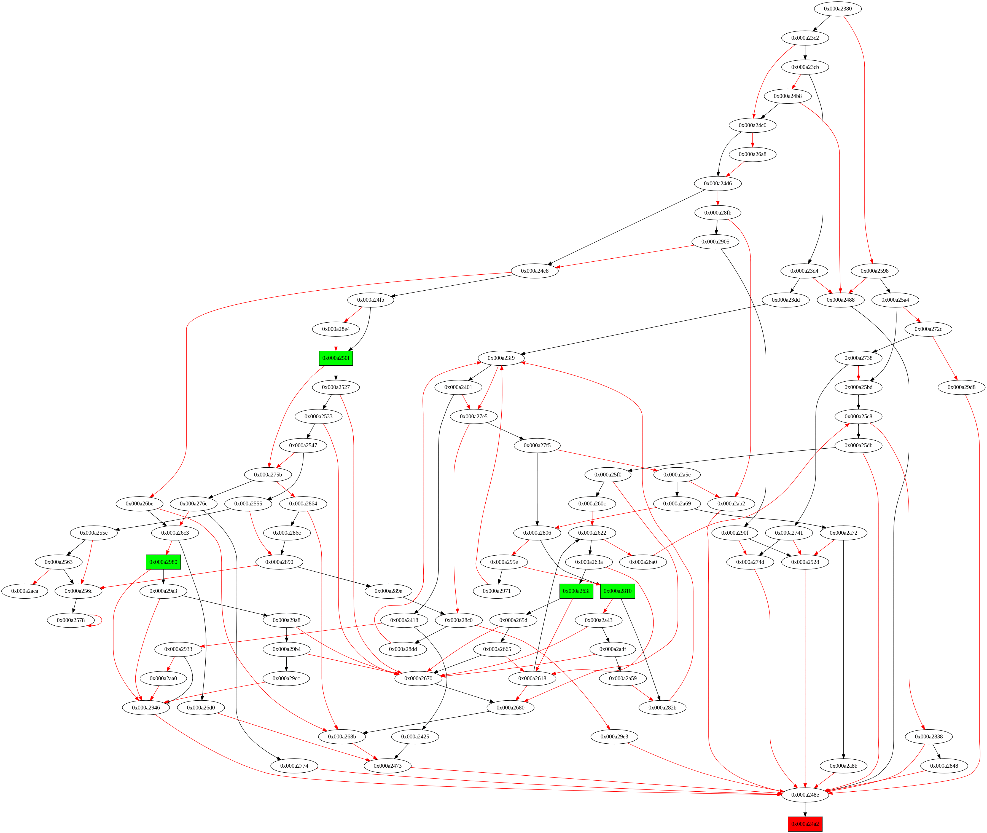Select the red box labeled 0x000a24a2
tap(805, 824)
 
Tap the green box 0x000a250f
tap(336, 358)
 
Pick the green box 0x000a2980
tap(163, 562)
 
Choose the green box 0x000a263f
tap(576, 591)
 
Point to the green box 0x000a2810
tap(617, 591)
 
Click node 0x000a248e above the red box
tap(805, 795)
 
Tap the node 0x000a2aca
tap(25, 591)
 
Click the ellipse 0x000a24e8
tap(534, 270)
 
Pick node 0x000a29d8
tap(961, 387)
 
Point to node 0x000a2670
tap(418, 678)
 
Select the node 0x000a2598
tap(874, 270)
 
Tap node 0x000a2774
tap(294, 765)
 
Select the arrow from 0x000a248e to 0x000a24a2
tap(805, 809)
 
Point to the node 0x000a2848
tap(944, 765)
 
